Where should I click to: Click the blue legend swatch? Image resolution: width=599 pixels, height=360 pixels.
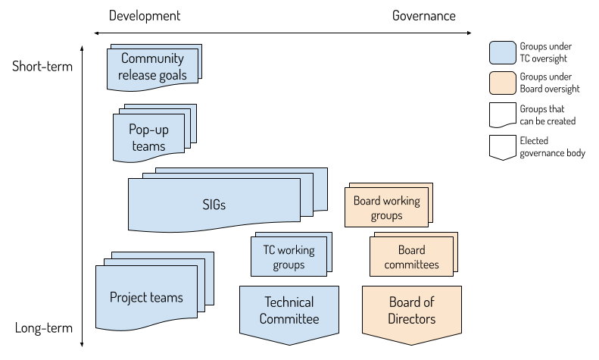click(503, 53)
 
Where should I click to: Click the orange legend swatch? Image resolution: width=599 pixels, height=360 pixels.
click(503, 83)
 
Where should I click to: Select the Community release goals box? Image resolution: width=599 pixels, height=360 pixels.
click(152, 67)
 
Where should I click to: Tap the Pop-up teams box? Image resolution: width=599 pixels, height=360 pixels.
click(148, 138)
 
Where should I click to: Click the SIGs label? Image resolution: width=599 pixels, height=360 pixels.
click(214, 205)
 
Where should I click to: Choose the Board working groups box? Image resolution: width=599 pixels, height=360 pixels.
click(387, 208)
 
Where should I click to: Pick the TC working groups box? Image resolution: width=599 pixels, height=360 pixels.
click(289, 257)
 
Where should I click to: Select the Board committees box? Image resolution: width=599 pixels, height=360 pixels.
click(411, 257)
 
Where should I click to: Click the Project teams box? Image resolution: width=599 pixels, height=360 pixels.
click(147, 298)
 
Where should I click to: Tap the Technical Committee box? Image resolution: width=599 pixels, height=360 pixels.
click(289, 311)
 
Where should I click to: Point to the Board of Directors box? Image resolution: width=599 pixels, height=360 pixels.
click(412, 311)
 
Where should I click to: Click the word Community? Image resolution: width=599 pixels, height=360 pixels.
click(152, 58)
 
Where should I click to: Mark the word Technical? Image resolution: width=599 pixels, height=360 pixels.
click(289, 302)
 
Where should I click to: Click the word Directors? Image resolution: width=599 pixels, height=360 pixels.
click(412, 319)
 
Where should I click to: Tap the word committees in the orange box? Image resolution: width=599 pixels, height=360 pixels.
click(411, 265)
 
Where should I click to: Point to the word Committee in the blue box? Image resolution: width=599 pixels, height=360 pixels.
click(289, 319)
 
